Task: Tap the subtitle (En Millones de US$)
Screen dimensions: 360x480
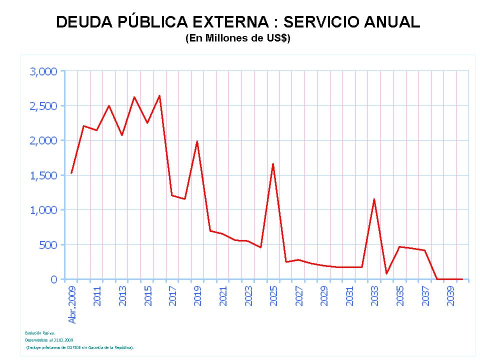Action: tap(238, 38)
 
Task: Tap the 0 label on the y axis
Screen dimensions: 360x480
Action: tap(54, 279)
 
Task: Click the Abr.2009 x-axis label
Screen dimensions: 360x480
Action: tap(72, 304)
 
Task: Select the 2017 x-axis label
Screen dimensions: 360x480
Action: tap(173, 295)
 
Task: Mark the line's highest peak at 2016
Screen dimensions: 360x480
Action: tap(159, 95)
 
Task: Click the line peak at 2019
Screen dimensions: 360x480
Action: tap(197, 141)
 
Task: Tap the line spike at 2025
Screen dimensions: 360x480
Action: tap(273, 163)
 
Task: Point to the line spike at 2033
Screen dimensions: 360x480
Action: tap(374, 199)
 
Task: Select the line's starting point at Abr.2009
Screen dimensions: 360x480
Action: tap(71, 173)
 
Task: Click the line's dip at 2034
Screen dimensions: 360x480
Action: tap(386, 273)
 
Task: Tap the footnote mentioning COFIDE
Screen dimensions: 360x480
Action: tap(80, 347)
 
